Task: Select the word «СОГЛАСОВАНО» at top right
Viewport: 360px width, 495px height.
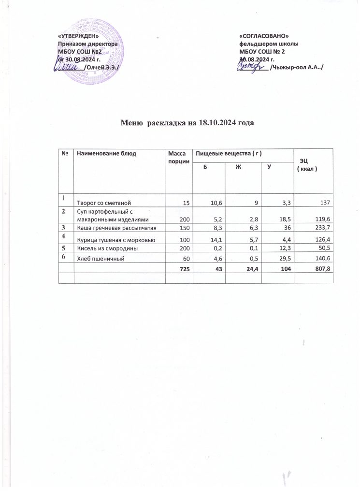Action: tap(264, 37)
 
